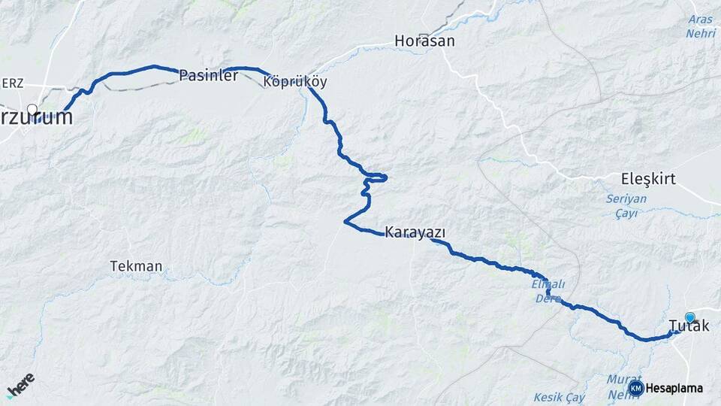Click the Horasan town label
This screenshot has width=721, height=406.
pyautogui.click(x=424, y=41)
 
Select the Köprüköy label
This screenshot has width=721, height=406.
pyautogui.click(x=295, y=82)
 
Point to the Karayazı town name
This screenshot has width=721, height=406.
pyautogui.click(x=415, y=232)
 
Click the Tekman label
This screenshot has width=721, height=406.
pyautogui.click(x=136, y=266)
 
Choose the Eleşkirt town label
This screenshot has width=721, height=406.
pyautogui.click(x=649, y=179)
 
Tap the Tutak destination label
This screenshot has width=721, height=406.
pyautogui.click(x=688, y=326)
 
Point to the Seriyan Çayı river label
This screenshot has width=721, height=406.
pyautogui.click(x=626, y=206)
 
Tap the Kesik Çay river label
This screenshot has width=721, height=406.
pyautogui.click(x=559, y=396)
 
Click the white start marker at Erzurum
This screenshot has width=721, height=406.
pyautogui.click(x=32, y=110)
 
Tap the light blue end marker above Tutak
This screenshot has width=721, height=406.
pyautogui.click(x=689, y=317)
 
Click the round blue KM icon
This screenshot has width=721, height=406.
pyautogui.click(x=636, y=388)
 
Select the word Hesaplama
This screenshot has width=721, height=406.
pyautogui.click(x=674, y=389)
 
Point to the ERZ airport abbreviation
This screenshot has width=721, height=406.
pyautogui.click(x=12, y=83)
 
